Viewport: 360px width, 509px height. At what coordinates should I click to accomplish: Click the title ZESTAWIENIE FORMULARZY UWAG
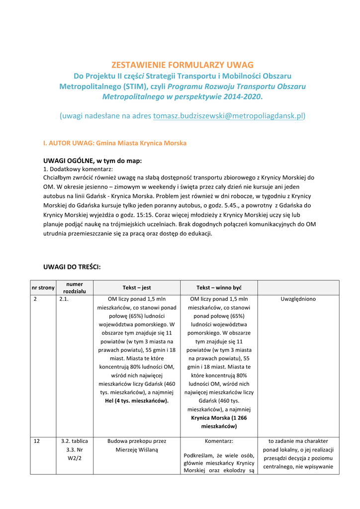182,65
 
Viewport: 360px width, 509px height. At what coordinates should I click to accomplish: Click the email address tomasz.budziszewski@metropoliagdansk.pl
228,116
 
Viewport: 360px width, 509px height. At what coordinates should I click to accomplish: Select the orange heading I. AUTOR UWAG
115,143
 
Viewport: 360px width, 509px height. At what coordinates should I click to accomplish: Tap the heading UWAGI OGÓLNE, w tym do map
92,161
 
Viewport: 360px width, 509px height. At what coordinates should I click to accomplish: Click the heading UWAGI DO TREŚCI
72,267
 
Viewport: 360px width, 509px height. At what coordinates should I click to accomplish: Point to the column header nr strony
43,288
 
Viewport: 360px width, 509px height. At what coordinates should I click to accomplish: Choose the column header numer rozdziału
75,287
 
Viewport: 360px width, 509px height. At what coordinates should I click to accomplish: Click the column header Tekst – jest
137,288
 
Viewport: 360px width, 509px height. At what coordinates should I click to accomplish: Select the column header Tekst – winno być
219,288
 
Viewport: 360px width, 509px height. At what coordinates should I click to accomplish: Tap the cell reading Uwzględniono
298,299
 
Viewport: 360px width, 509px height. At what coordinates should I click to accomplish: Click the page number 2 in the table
35,299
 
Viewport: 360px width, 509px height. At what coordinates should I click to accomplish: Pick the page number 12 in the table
37,441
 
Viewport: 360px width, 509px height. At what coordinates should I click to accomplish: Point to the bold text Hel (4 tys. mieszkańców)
137,401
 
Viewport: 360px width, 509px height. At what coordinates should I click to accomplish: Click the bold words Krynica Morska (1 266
219,418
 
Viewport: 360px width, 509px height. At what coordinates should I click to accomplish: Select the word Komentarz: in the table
219,441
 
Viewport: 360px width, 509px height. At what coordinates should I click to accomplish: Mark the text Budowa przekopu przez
137,441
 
